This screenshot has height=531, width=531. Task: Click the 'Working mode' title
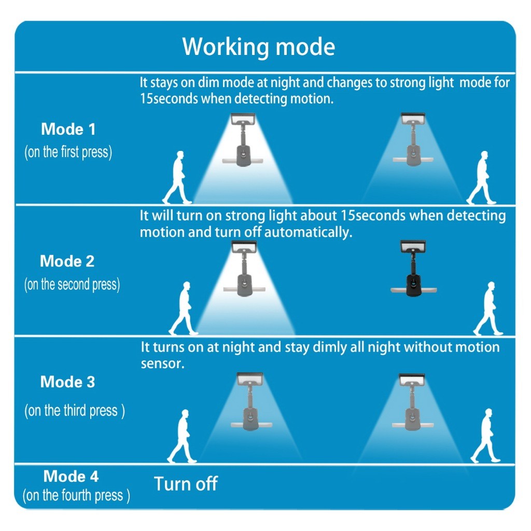[259, 47]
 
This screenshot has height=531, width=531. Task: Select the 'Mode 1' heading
[68, 129]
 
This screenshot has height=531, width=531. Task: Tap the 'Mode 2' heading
[67, 261]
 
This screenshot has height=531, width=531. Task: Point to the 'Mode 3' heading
[67, 382]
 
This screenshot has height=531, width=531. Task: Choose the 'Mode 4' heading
[71, 476]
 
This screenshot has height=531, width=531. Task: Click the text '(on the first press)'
[68, 152]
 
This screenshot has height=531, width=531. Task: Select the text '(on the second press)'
[72, 285]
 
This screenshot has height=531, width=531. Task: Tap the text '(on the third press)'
[75, 411]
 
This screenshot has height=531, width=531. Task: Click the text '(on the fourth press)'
[76, 495]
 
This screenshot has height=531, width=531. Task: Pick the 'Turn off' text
[186, 484]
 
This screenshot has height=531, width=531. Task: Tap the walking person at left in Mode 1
[177, 177]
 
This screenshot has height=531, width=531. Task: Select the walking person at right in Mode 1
[482, 177]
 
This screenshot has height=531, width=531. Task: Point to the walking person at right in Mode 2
[488, 309]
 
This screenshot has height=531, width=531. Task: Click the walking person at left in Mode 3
[182, 436]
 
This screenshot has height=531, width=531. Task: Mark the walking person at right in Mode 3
[485, 436]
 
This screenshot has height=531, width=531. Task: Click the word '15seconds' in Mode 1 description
[169, 99]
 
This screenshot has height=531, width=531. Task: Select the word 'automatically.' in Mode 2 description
[308, 232]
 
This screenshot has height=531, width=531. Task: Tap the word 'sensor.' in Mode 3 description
[163, 364]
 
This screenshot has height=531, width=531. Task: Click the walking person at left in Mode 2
[184, 309]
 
